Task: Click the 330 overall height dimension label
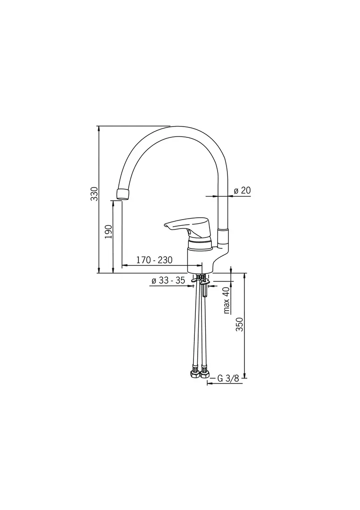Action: point(94,194)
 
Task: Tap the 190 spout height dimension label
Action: point(109,231)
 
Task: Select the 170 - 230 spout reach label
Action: point(154,260)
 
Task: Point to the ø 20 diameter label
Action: point(243,190)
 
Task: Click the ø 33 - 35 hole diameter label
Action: point(168,280)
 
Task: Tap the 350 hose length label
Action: point(240,324)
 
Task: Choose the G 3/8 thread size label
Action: point(228,378)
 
